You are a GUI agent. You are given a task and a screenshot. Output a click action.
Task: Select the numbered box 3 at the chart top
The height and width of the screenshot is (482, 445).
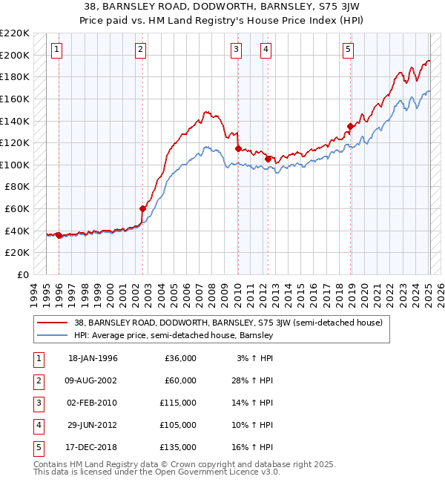tap(236, 50)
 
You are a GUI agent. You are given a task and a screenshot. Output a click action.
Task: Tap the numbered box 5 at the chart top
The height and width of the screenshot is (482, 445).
tap(348, 50)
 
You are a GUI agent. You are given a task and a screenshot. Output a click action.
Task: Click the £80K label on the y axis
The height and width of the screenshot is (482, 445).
tap(17, 187)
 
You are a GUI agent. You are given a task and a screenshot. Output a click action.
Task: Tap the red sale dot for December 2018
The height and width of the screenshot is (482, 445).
tap(349, 126)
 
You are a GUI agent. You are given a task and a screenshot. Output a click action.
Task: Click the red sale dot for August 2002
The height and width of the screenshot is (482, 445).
tap(143, 208)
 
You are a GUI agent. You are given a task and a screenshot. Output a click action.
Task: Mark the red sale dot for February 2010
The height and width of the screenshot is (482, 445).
tap(238, 148)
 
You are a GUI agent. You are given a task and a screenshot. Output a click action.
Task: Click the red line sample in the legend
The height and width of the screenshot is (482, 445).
tap(53, 323)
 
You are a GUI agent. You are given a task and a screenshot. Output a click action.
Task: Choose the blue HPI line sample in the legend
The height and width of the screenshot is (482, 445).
tap(53, 335)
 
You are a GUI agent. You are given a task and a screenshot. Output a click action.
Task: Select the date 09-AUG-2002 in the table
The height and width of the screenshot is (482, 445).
tap(93, 380)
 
